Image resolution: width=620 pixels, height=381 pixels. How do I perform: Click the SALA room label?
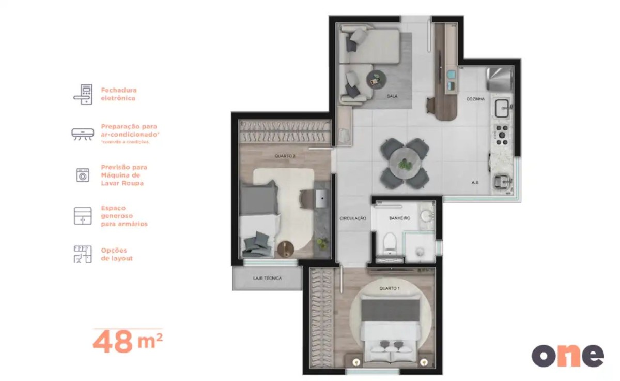(x=392, y=96)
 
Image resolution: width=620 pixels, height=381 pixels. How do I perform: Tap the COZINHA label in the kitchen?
(x=475, y=99)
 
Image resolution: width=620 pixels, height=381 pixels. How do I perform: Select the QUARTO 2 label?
(x=285, y=155)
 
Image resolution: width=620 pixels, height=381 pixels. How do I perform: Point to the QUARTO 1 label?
(x=389, y=288)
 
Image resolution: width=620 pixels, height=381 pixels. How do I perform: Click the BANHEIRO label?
(x=399, y=218)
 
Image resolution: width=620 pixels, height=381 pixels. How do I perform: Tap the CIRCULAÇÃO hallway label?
(x=353, y=218)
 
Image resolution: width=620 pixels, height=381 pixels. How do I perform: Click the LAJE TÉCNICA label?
(x=267, y=278)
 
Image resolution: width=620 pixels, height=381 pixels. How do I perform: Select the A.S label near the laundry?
(x=474, y=182)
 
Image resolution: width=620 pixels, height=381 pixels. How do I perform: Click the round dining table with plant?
(x=405, y=163)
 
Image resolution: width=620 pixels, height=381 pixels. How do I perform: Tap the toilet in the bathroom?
(x=390, y=241)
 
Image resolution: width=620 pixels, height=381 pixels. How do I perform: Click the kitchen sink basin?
(x=502, y=109)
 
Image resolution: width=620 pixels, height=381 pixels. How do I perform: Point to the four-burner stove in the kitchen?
(x=501, y=134)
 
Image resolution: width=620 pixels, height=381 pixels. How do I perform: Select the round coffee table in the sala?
(x=375, y=79)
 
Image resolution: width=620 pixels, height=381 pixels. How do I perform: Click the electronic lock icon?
(x=83, y=94)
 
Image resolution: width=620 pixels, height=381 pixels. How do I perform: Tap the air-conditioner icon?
(x=83, y=134)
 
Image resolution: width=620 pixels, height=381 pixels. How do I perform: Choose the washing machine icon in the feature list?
(x=83, y=175)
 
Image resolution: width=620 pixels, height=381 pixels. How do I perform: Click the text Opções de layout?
(x=117, y=254)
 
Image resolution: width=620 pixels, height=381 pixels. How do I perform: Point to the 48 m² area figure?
(x=128, y=343)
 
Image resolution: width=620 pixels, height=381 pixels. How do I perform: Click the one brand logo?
(x=567, y=356)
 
